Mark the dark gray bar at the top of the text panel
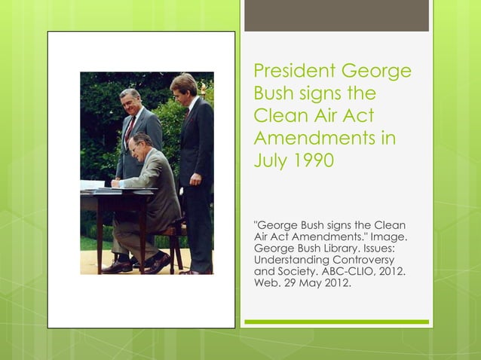336,16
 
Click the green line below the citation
336,322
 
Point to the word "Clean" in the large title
280,117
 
